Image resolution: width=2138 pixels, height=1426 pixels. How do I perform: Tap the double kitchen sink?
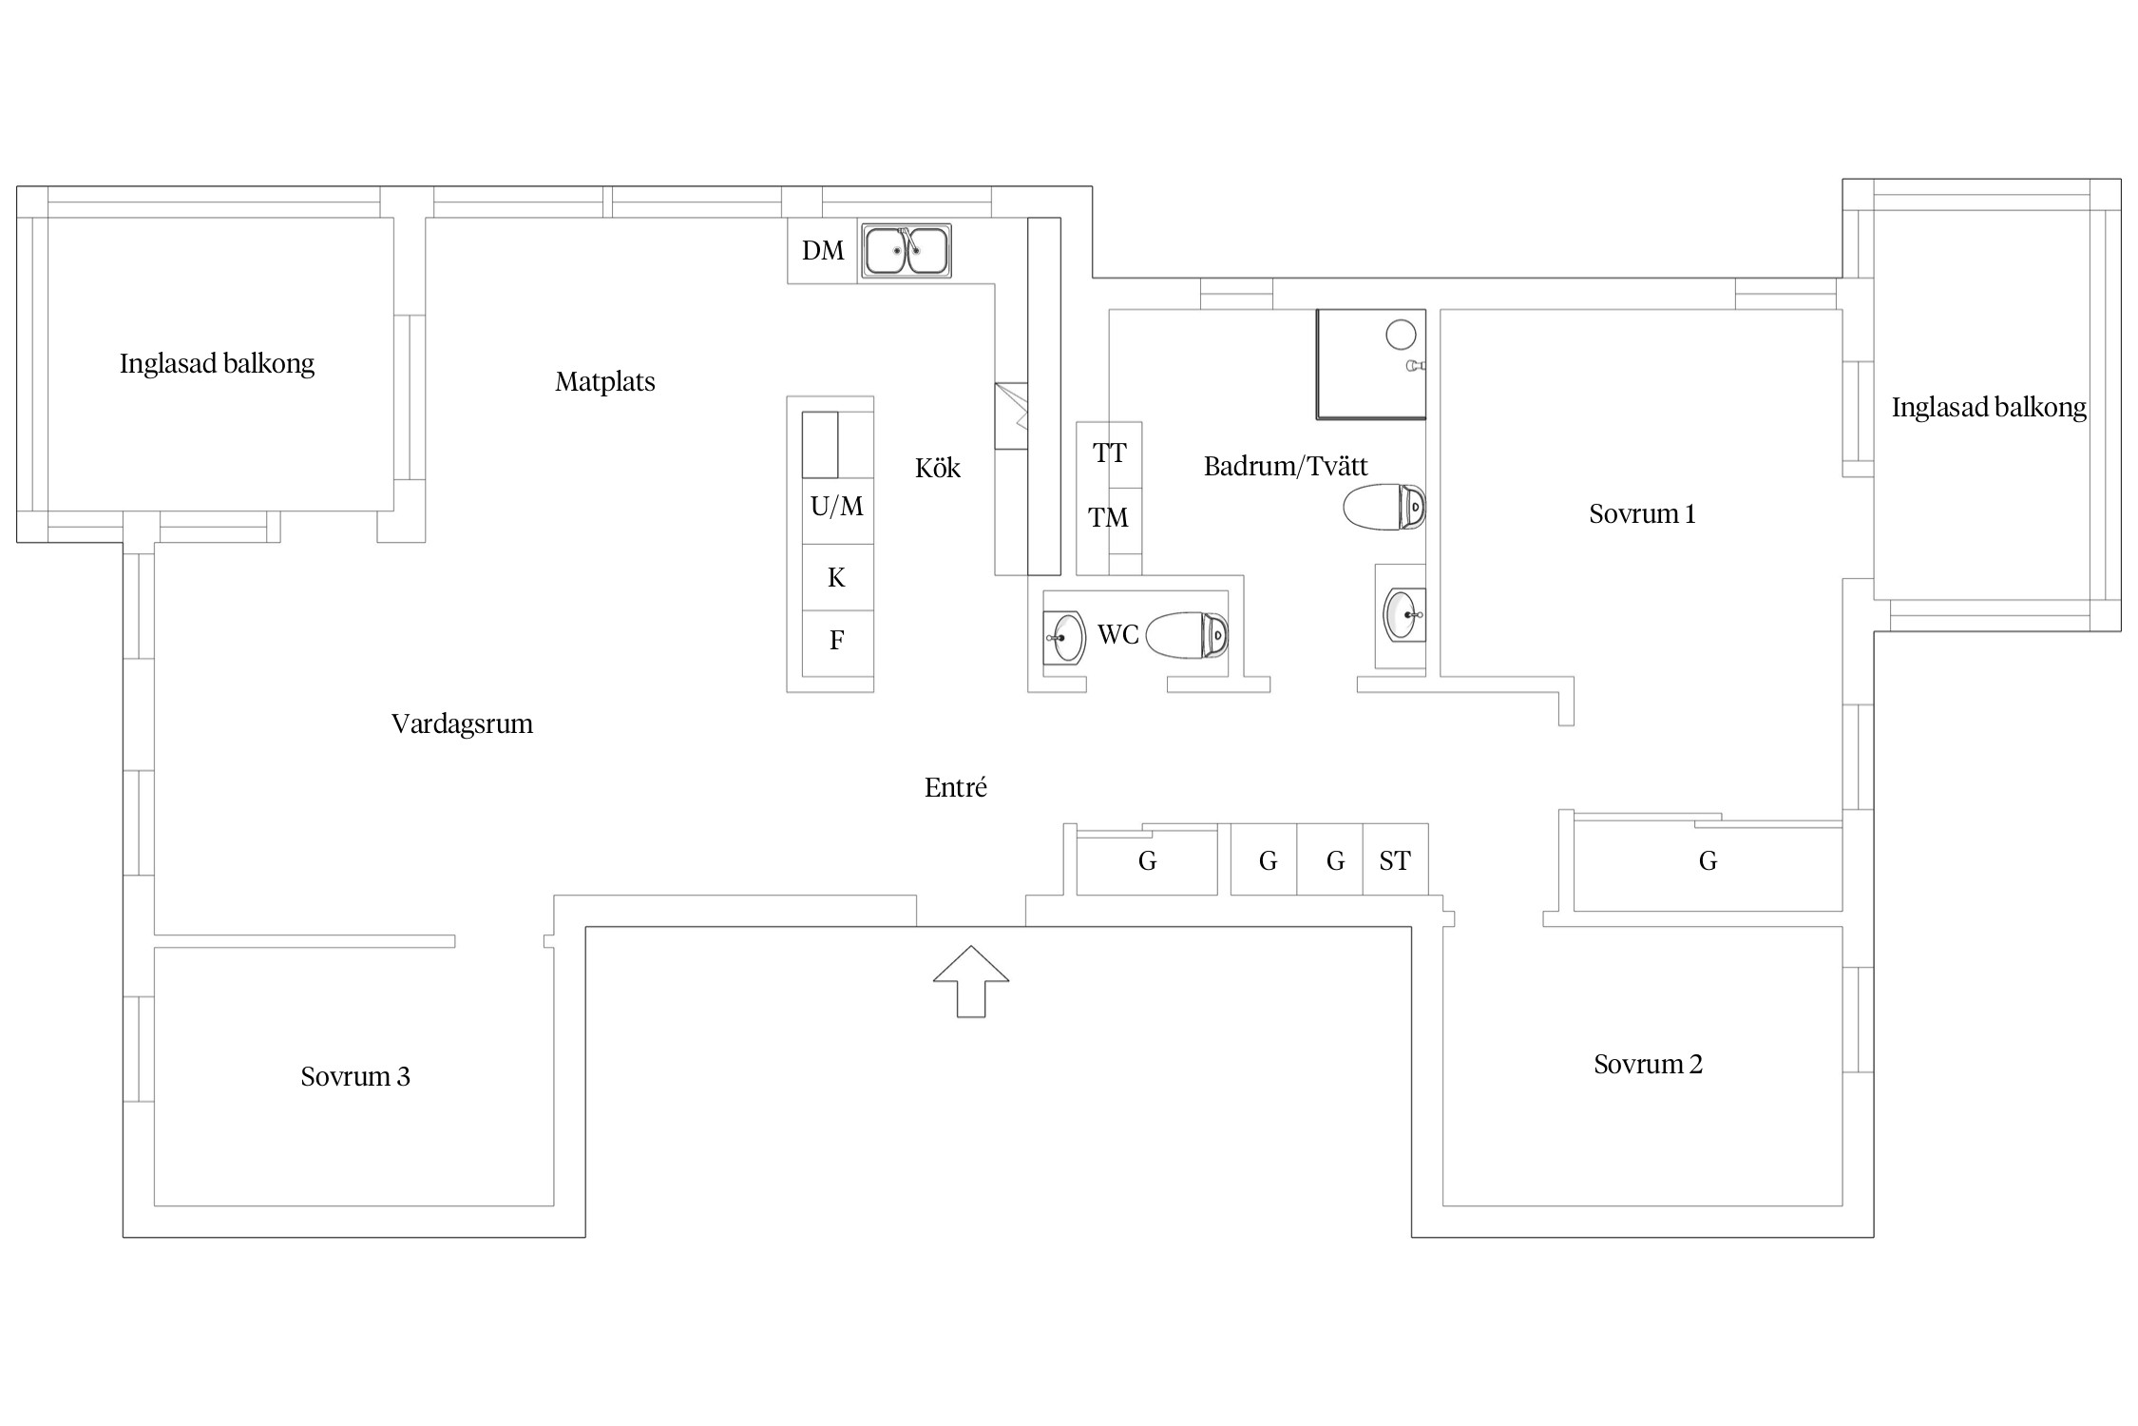pos(906,251)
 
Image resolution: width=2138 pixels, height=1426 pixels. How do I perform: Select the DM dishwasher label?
pos(823,251)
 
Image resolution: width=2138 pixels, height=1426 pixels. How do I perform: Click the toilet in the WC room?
pos(1187,635)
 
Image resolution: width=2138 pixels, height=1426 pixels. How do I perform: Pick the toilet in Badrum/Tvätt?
pos(1384,507)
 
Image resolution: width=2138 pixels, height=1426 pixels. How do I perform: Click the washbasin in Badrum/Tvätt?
pos(1402,615)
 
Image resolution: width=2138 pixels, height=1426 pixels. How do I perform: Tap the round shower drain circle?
pos(1401,335)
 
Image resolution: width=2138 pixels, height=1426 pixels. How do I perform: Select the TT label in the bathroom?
pos(1109,453)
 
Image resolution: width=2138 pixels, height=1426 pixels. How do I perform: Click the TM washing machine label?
pos(1108,518)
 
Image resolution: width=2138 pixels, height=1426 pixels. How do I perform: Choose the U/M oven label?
pos(837,507)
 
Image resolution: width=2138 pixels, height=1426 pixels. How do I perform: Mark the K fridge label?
pos(836,578)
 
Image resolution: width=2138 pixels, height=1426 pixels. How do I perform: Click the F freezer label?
pos(836,641)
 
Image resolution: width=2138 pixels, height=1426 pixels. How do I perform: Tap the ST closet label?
pos(1395,861)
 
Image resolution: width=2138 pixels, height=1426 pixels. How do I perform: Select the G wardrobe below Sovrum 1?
pos(1708,861)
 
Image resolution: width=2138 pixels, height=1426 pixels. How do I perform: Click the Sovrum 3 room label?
pos(355,1076)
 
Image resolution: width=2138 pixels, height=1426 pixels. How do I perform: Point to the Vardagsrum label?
pos(462,724)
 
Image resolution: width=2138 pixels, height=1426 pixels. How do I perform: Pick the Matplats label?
pos(605,382)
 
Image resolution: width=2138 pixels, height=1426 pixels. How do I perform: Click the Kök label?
pos(938,468)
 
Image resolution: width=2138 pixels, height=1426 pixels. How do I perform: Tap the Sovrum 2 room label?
pos(1648,1064)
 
